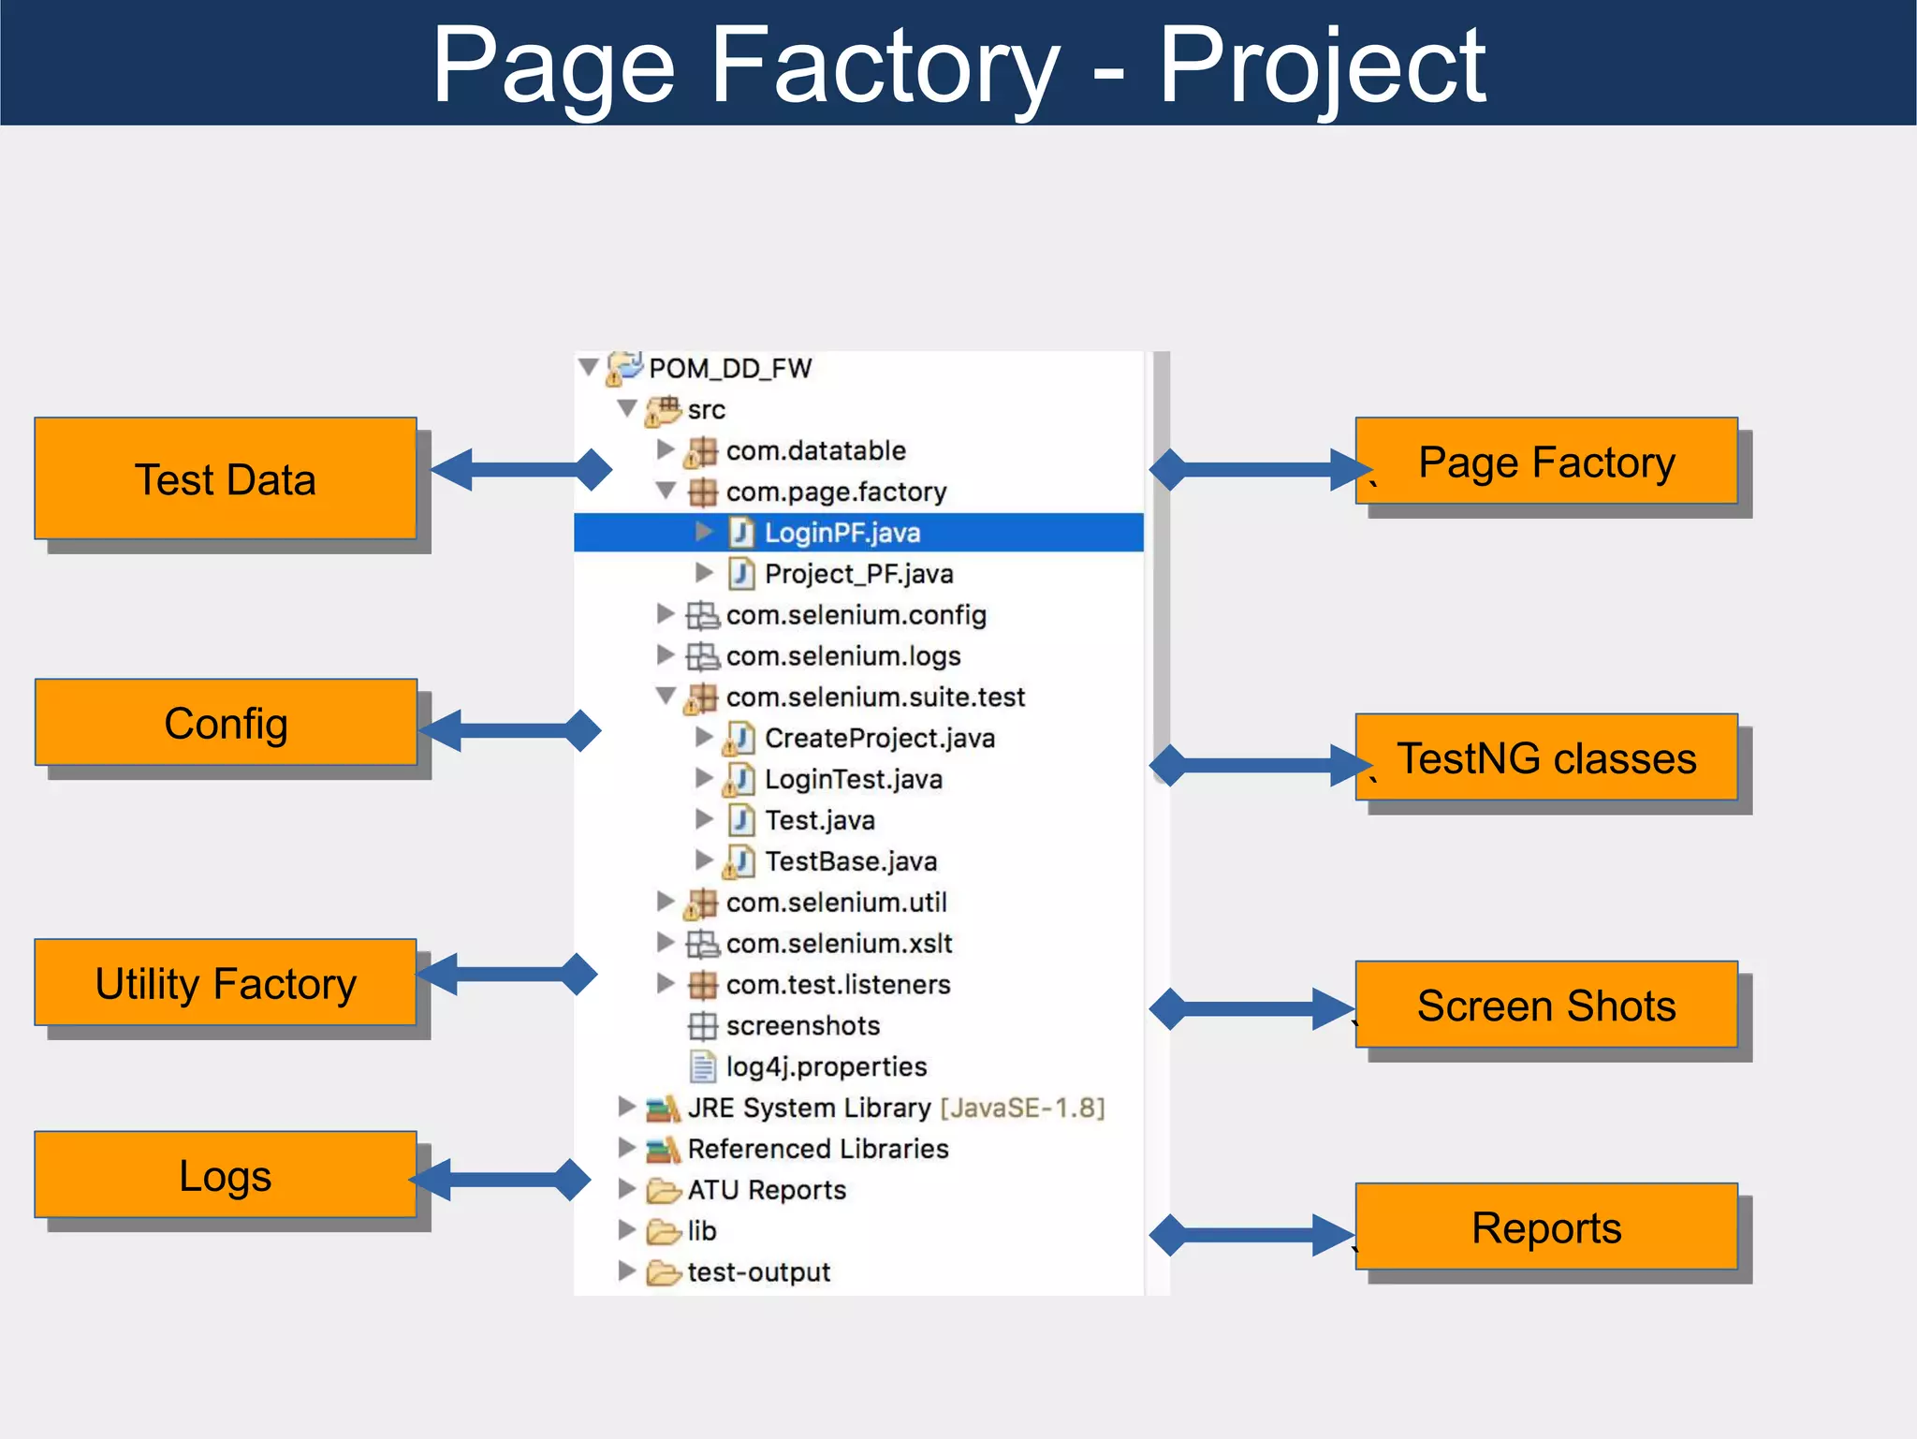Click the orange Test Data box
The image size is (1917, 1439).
click(226, 478)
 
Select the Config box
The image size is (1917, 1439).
click(226, 723)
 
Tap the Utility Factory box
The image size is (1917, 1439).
click(226, 983)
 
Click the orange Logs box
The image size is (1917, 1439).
click(226, 1175)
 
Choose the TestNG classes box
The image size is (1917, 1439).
click(1546, 757)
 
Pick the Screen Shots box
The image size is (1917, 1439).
click(1546, 1005)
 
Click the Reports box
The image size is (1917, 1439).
click(1546, 1227)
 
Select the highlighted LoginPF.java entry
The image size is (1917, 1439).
click(841, 533)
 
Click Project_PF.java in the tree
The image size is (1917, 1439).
click(857, 574)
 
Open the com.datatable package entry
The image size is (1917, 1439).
click(814, 450)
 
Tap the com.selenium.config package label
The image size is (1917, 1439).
click(856, 615)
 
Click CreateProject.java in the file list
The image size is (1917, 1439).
click(879, 738)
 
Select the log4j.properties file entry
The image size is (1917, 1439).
click(826, 1066)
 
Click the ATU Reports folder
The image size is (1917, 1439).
click(766, 1190)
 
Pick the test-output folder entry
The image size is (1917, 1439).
click(758, 1272)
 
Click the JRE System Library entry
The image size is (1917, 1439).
click(808, 1108)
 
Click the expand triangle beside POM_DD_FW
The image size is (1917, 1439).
click(589, 366)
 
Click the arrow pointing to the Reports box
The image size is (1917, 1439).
click(1252, 1234)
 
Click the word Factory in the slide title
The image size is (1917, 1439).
click(885, 65)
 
